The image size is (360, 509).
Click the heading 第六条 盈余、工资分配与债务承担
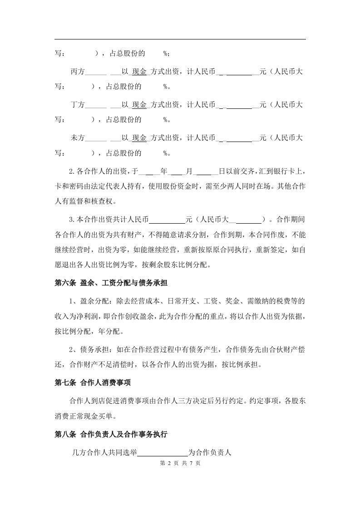click(111, 283)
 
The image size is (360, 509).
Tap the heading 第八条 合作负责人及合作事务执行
click(111, 434)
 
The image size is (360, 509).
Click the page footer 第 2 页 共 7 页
click(180, 464)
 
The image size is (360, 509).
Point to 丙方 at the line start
click(78, 73)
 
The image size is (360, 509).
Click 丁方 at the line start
click(78, 105)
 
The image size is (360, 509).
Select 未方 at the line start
click(78, 137)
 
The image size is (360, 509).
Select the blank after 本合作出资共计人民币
click(168, 220)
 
